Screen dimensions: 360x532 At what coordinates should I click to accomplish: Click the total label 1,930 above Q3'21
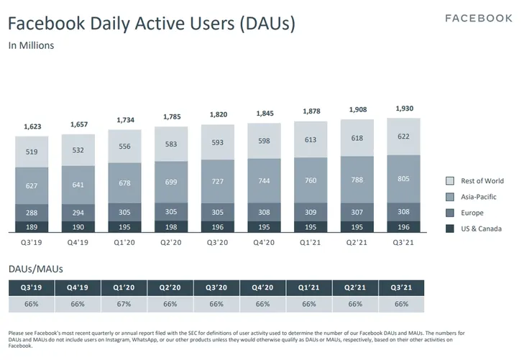(x=403, y=109)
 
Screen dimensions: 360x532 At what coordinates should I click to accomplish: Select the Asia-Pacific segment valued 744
(x=265, y=181)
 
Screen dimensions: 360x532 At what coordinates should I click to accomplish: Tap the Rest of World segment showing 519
(x=32, y=152)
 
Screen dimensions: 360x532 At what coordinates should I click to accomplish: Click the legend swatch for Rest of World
(x=451, y=181)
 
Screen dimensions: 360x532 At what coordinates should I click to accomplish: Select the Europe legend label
(x=472, y=213)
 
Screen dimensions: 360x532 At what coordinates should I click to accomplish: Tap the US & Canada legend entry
(x=480, y=229)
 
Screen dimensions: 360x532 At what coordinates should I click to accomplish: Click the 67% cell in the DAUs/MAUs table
(x=124, y=304)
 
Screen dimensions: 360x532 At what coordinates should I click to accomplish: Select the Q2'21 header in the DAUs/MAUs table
(x=357, y=287)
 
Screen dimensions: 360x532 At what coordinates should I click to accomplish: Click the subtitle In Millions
(x=31, y=45)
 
